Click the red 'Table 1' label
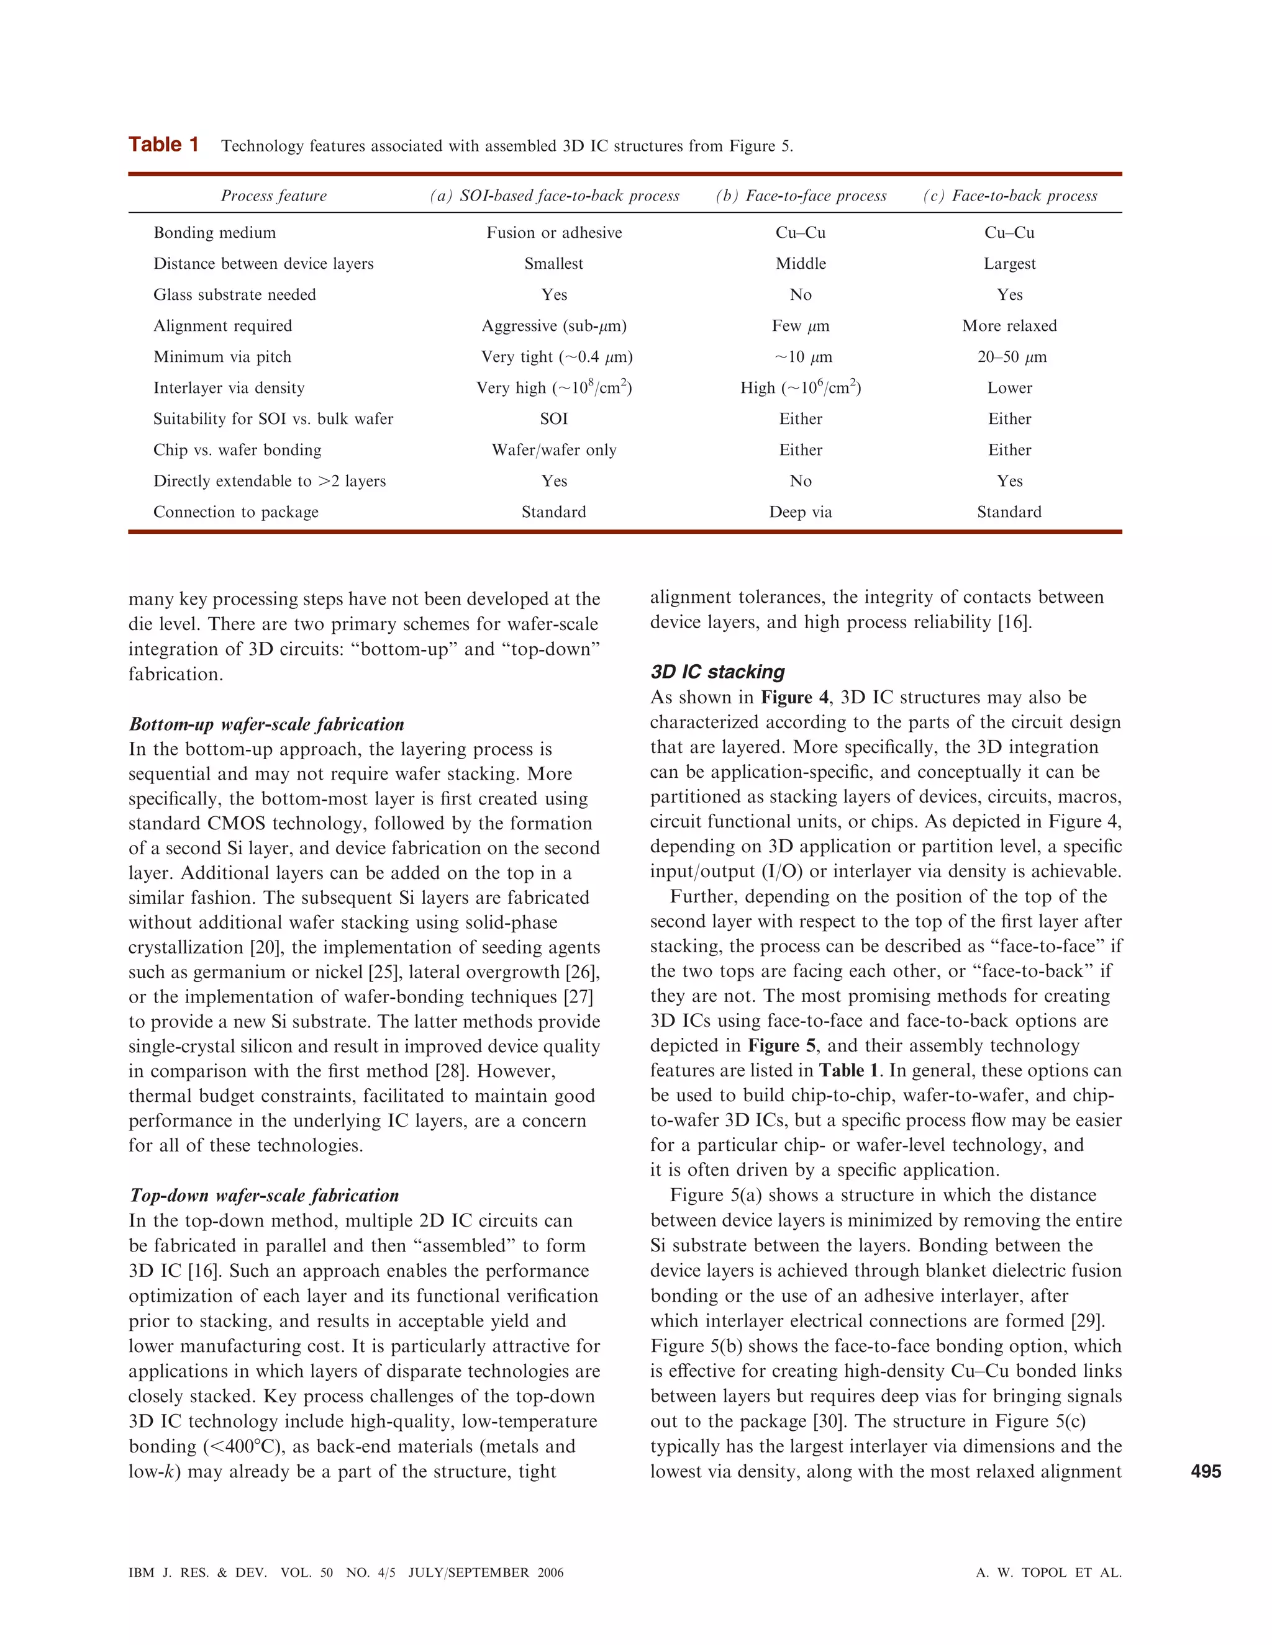pyautogui.click(x=163, y=145)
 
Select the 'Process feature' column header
pyautogui.click(x=273, y=196)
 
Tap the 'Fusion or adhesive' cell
pyautogui.click(x=554, y=233)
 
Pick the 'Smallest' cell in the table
pyautogui.click(x=554, y=264)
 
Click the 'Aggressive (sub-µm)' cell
pyautogui.click(x=554, y=326)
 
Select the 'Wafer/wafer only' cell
pyautogui.click(x=554, y=451)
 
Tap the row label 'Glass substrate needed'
pyautogui.click(x=234, y=294)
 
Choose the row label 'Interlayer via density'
pyautogui.click(x=229, y=388)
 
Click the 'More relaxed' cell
pyautogui.click(x=1009, y=326)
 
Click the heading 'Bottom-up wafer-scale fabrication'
pyautogui.click(x=266, y=724)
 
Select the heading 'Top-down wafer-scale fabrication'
pyautogui.click(x=265, y=1196)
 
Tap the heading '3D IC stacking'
pyautogui.click(x=717, y=672)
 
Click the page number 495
pyautogui.click(x=1206, y=1471)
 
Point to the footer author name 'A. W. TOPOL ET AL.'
pyautogui.click(x=1048, y=1573)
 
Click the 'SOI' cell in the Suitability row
pyautogui.click(x=554, y=419)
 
